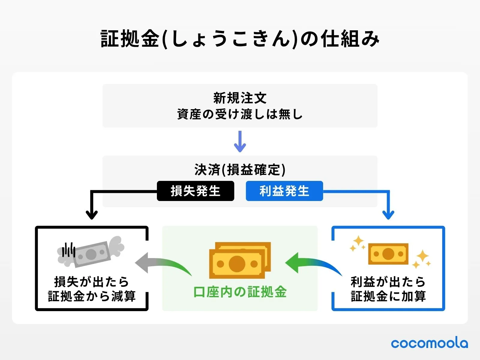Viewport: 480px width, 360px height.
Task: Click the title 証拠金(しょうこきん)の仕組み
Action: pyautogui.click(x=240, y=39)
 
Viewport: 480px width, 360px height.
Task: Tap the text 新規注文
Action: pyautogui.click(x=240, y=98)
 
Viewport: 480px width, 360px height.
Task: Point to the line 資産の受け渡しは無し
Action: pyautogui.click(x=240, y=114)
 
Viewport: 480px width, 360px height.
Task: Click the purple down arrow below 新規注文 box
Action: pyautogui.click(x=240, y=142)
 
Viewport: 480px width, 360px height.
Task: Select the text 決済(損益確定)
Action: pyautogui.click(x=240, y=170)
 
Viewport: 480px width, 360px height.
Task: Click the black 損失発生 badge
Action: pyautogui.click(x=195, y=191)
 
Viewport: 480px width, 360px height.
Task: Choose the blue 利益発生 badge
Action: pyautogui.click(x=284, y=191)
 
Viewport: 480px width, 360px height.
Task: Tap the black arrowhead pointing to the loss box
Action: pyautogui.click(x=92, y=215)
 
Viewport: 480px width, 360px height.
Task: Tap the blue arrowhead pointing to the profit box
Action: pyautogui.click(x=388, y=215)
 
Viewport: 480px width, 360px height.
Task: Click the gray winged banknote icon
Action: pyautogui.click(x=91, y=253)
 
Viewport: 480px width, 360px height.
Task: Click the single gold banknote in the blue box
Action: pyautogui.click(x=388, y=254)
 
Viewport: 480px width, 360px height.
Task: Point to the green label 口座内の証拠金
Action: pyautogui.click(x=240, y=292)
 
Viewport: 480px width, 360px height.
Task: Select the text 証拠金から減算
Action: pyautogui.click(x=92, y=296)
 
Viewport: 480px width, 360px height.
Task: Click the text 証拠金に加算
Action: pyautogui.click(x=388, y=296)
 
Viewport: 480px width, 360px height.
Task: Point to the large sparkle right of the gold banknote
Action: pyautogui.click(x=423, y=257)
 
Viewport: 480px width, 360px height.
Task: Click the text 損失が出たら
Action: pyautogui.click(x=92, y=282)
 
